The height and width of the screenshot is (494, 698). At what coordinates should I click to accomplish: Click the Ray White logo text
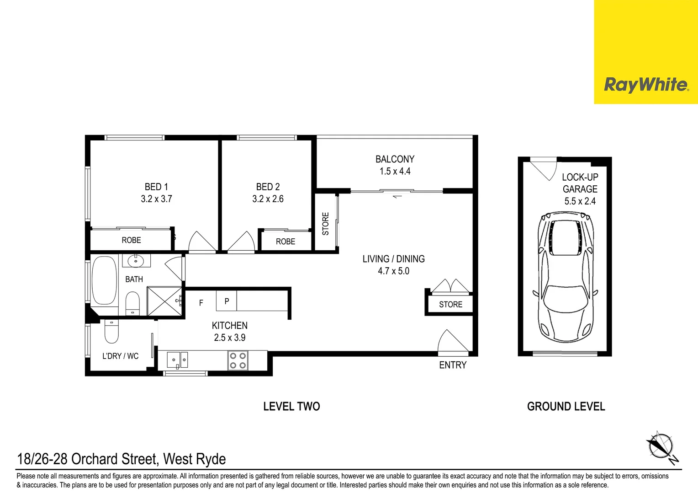645,85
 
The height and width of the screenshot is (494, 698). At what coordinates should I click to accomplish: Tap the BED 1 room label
156,187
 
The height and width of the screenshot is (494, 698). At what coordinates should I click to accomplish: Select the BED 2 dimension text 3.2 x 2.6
268,199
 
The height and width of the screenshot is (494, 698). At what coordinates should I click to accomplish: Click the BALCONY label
395,159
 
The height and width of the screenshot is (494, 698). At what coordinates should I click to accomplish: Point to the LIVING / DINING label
393,259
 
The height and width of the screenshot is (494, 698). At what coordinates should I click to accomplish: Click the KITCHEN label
229,326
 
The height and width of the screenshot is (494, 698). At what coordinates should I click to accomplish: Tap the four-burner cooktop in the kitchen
238,360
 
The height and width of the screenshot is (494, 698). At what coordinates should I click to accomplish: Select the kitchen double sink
177,360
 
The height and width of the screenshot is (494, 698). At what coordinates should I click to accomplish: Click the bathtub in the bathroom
104,280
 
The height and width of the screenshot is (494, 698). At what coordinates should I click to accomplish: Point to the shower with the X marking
164,301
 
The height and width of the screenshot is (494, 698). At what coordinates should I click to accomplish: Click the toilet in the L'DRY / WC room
111,331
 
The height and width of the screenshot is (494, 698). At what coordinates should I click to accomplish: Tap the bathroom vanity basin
136,261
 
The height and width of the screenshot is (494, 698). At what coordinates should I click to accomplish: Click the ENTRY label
453,365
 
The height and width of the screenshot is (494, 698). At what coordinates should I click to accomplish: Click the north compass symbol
660,446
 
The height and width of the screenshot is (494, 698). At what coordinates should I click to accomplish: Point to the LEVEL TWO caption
291,406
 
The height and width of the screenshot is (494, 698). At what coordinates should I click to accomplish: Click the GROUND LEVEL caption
566,406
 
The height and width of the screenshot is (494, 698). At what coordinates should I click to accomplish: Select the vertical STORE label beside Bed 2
326,224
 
